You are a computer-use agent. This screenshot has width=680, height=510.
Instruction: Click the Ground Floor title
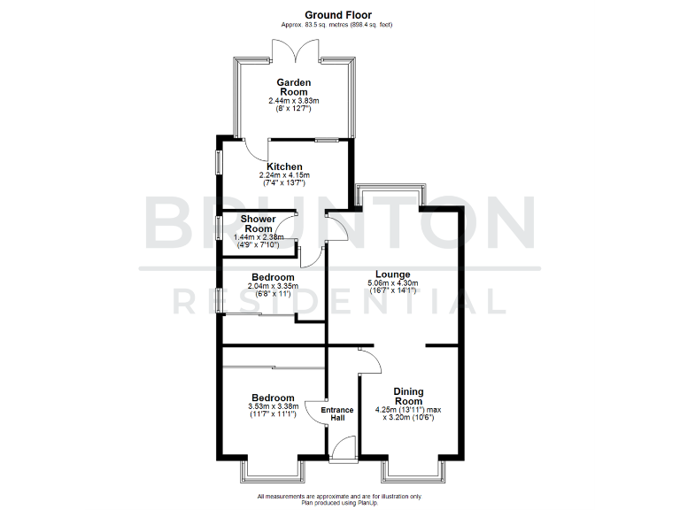339,14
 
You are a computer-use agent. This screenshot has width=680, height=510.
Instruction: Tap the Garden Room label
293,88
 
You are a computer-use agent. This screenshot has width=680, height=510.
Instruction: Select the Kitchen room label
285,166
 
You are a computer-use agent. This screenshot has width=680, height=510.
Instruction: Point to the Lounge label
392,274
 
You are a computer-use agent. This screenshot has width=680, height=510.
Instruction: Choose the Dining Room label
408,396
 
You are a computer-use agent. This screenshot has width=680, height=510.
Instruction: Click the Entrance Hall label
336,414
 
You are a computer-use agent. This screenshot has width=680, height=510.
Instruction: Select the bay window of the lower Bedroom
274,468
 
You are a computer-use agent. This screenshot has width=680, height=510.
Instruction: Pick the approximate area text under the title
339,26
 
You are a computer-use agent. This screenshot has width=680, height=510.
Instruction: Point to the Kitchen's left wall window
219,166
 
